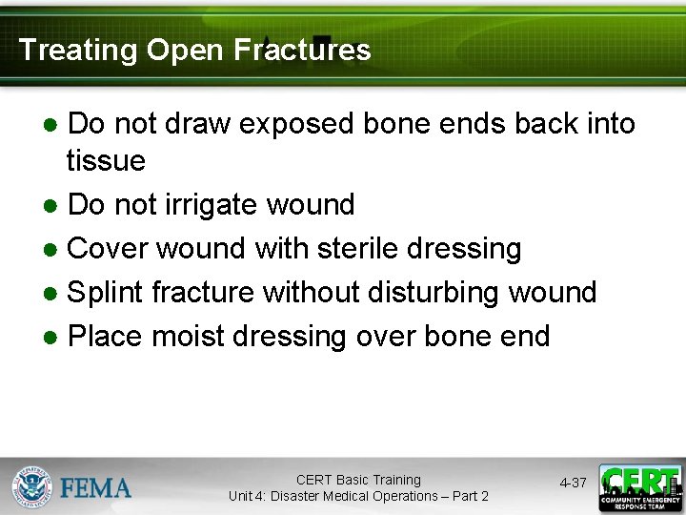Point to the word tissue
106,160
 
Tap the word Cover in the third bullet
108,248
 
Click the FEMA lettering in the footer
96,488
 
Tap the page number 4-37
573,484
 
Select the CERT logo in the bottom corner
639,487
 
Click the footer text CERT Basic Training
358,480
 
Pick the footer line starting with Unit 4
358,496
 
